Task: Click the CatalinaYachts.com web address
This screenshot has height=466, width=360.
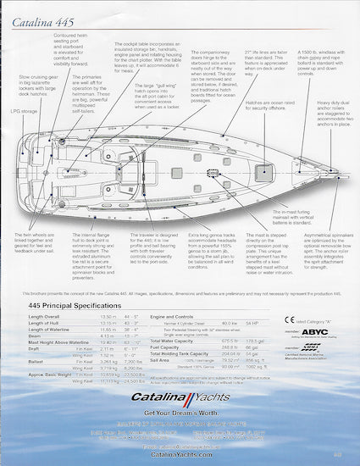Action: (x=179, y=455)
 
